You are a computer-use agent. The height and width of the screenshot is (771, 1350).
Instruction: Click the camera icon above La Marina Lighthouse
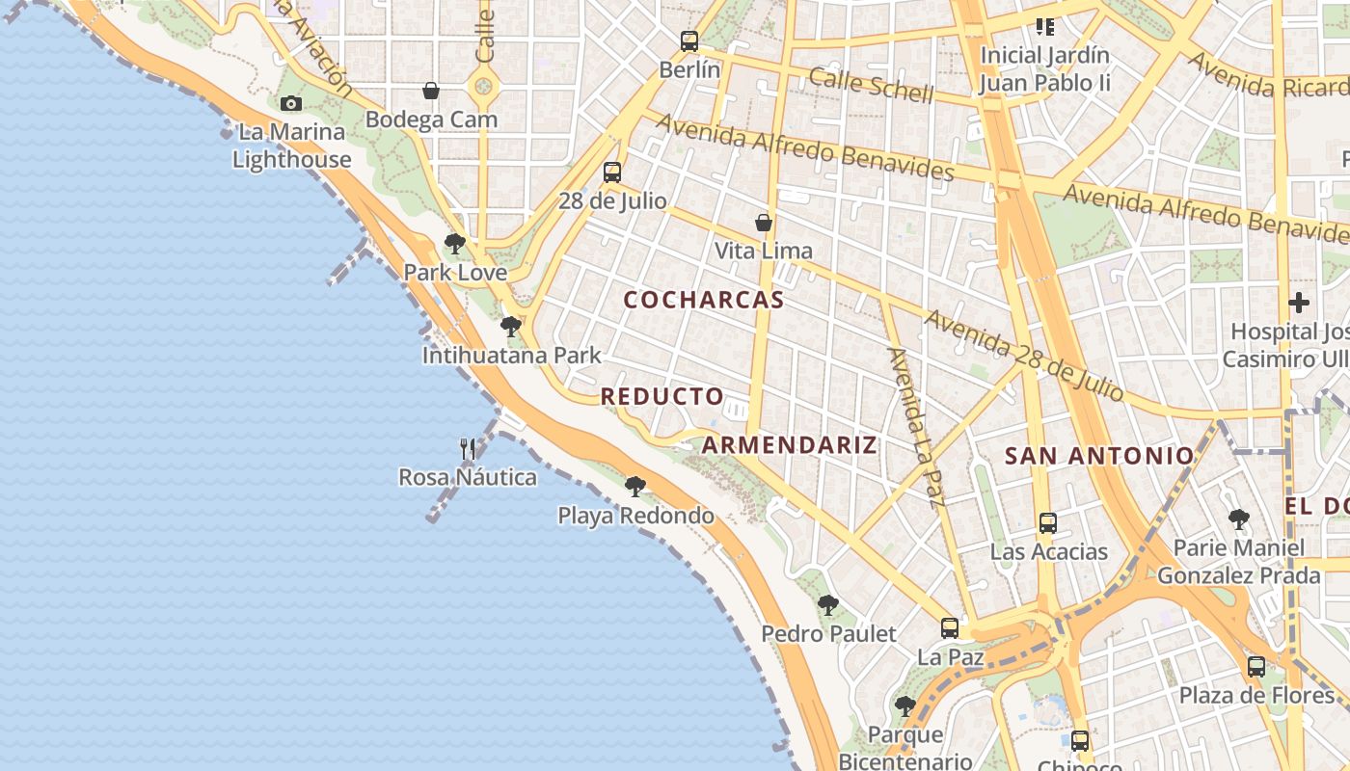tap(290, 103)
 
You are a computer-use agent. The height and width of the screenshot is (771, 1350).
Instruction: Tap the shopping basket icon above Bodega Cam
tap(431, 91)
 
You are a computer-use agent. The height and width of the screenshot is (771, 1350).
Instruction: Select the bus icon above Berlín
tap(688, 41)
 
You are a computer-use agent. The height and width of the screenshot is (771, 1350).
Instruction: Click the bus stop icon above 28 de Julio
tap(612, 173)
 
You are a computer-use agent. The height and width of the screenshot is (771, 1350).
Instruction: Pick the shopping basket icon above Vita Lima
tap(764, 223)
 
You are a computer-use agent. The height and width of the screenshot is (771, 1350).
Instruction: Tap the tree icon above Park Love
tap(455, 244)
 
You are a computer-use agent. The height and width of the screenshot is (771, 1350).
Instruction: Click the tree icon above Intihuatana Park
tap(511, 327)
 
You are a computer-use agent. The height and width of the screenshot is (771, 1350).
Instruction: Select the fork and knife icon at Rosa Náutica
tap(468, 448)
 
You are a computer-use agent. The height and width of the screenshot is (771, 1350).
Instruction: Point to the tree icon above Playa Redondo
tap(634, 487)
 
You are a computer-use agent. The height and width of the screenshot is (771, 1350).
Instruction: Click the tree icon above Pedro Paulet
tap(828, 605)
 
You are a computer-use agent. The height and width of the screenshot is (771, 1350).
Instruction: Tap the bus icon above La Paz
tap(950, 628)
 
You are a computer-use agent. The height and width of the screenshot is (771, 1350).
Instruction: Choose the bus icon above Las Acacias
tap(1048, 523)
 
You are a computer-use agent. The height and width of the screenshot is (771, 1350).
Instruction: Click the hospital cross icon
tap(1299, 303)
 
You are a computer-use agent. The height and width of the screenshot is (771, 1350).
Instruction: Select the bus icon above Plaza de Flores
tap(1256, 667)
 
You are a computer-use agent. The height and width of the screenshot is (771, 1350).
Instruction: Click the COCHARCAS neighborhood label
tap(704, 300)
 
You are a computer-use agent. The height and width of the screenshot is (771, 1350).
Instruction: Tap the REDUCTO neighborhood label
tap(661, 396)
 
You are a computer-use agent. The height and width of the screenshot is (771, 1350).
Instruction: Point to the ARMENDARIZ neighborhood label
tap(790, 444)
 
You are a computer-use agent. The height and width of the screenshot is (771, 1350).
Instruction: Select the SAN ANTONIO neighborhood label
tap(1099, 456)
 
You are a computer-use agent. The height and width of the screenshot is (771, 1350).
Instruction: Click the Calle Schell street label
tap(872, 85)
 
